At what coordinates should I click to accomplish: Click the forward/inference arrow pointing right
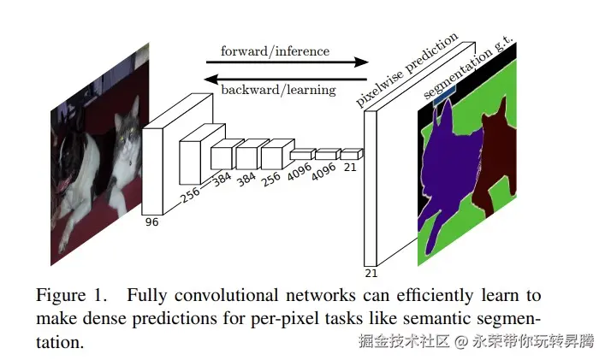[286, 62]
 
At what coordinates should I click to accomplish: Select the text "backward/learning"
[278, 90]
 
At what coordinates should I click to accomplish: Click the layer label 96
[151, 222]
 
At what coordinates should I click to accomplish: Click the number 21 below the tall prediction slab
[371, 273]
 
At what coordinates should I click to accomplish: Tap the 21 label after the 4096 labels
[350, 168]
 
